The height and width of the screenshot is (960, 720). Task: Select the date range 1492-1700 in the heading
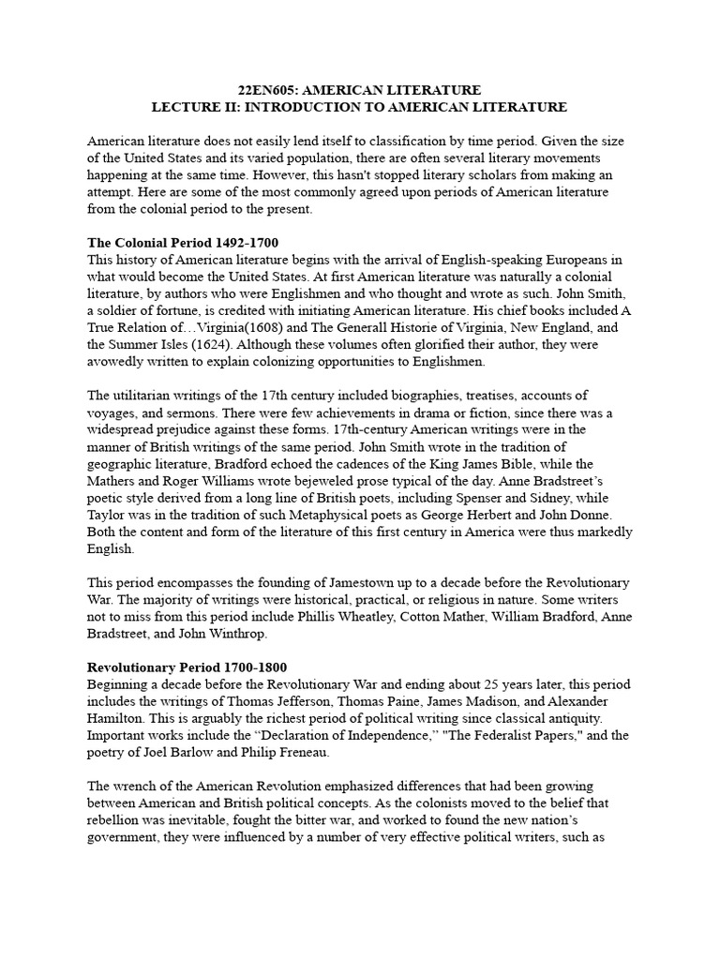[247, 243]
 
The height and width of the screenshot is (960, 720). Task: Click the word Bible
[539, 465]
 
